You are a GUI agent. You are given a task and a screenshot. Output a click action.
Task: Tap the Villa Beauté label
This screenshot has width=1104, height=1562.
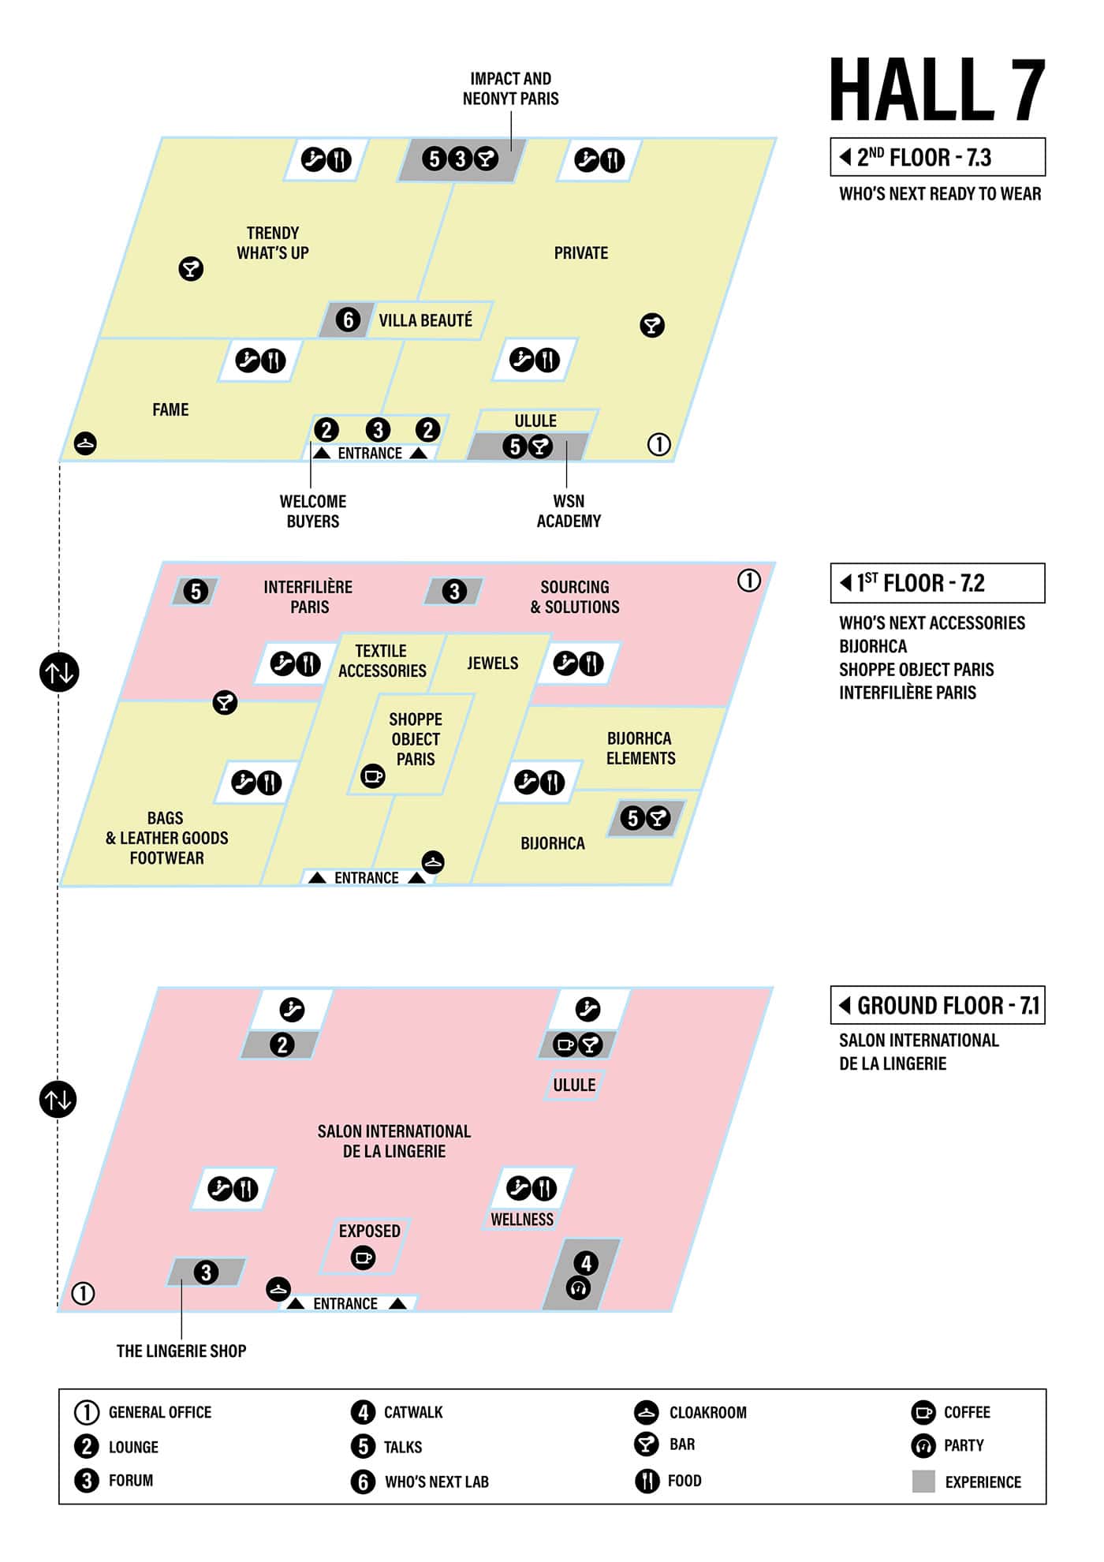pos(425,320)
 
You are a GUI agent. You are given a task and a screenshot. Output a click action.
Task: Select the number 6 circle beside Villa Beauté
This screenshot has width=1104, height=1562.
pos(348,319)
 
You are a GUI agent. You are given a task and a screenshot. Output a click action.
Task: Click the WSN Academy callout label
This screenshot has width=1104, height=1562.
pos(569,511)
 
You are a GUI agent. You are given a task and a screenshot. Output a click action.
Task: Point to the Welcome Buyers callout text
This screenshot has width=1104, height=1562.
pos(313,511)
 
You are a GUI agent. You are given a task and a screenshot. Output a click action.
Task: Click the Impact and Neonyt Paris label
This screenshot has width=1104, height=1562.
pos(510,88)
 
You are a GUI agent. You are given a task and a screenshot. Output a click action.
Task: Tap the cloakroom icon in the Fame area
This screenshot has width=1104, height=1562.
pos(85,443)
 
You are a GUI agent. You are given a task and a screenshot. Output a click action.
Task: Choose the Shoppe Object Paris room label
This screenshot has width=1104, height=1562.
pos(416,739)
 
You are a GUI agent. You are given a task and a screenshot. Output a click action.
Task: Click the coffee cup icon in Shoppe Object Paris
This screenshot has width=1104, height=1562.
pos(372,776)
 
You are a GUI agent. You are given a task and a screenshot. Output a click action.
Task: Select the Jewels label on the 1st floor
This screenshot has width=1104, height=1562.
pos(492,663)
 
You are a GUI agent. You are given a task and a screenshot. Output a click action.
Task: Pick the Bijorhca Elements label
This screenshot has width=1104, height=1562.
pos(640,748)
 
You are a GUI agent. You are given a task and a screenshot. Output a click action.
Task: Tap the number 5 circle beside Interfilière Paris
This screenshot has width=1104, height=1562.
pos(196,591)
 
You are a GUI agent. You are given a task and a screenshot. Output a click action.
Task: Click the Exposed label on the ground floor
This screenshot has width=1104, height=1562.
pos(369,1231)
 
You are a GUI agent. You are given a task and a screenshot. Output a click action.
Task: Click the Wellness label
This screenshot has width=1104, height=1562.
pos(522,1220)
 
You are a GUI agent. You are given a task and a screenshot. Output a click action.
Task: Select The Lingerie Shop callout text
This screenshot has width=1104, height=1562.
pos(181,1351)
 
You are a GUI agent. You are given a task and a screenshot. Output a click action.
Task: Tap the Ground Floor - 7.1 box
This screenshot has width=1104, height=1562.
pos(938,1005)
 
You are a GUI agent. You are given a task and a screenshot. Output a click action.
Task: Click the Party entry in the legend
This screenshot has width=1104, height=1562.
pos(963,1445)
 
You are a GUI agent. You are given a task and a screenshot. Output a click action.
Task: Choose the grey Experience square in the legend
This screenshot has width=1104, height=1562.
pos(923,1482)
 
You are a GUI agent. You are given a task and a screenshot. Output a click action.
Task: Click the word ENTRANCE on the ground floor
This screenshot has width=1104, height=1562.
pos(345,1303)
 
